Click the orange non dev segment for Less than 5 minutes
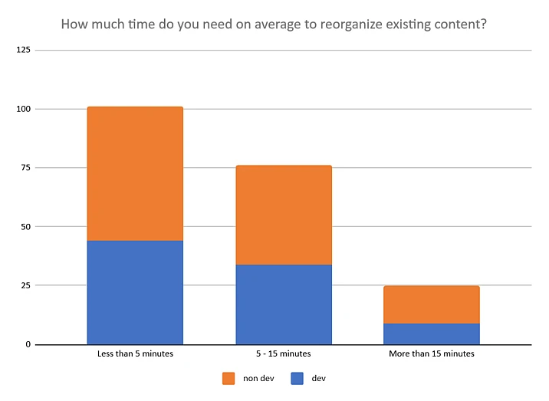(135, 173)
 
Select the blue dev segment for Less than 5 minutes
(135, 292)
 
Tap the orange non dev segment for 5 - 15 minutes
(284, 215)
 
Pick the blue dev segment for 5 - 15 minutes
(284, 304)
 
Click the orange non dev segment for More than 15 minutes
(432, 304)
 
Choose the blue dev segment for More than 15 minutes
(432, 334)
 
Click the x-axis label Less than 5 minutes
(135, 354)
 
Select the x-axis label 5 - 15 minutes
(284, 354)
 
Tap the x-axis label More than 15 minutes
(432, 354)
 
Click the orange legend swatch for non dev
(228, 379)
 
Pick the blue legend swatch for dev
(298, 379)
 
